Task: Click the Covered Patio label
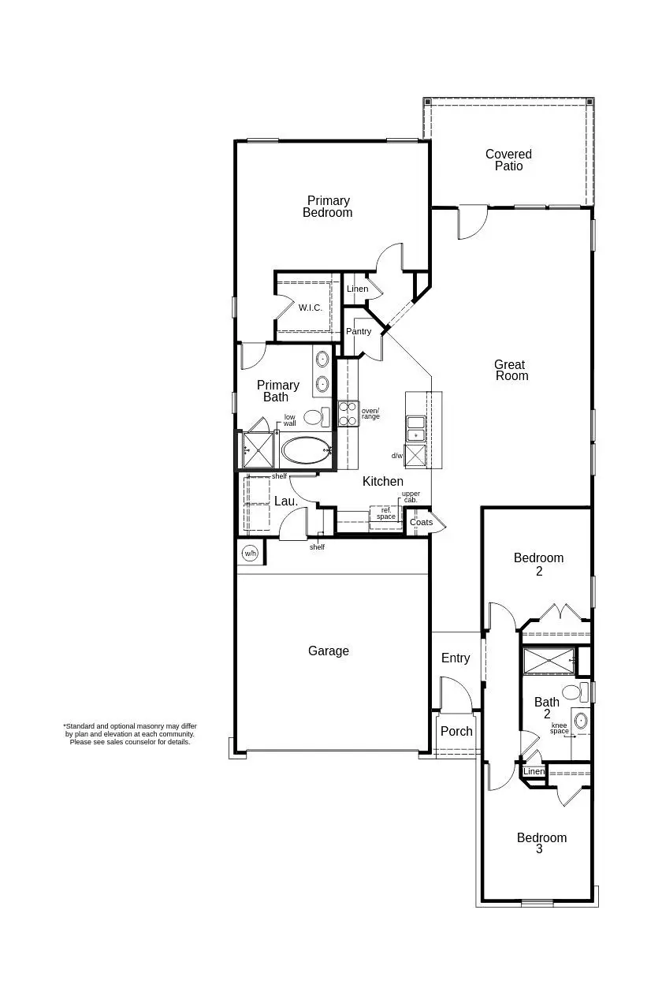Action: (508, 160)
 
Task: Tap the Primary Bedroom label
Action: (328, 207)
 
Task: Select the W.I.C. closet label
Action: (310, 308)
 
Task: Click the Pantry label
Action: (359, 331)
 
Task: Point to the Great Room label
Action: (510, 370)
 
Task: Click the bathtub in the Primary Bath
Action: (306, 451)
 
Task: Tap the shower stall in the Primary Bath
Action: (258, 450)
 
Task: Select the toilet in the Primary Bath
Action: (314, 416)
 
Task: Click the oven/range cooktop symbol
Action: (348, 413)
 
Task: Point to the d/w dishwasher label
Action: (397, 456)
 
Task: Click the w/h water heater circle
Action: (250, 553)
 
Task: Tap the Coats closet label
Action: (421, 522)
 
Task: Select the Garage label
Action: (329, 651)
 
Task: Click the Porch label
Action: (456, 731)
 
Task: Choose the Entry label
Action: (456, 658)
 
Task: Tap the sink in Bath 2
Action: (581, 721)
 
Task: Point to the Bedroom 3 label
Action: (541, 843)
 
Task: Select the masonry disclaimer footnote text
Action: (130, 734)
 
